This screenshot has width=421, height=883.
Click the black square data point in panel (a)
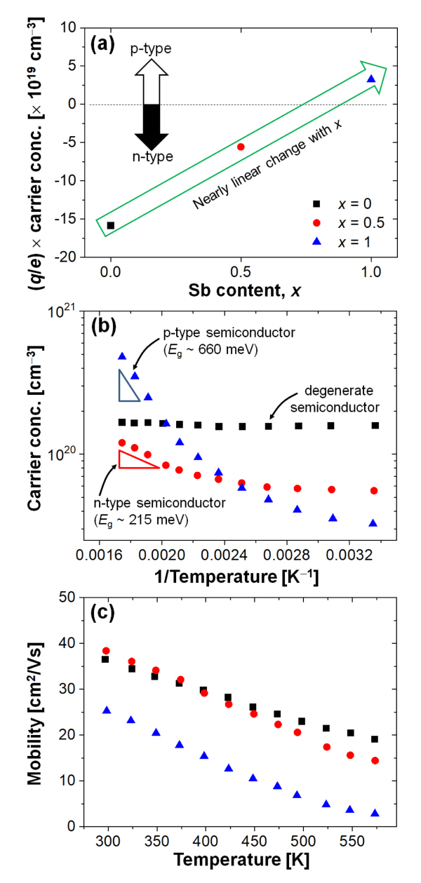[111, 225]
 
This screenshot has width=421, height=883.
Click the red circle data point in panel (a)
[241, 147]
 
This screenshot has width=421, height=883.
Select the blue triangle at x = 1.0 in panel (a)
[371, 79]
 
